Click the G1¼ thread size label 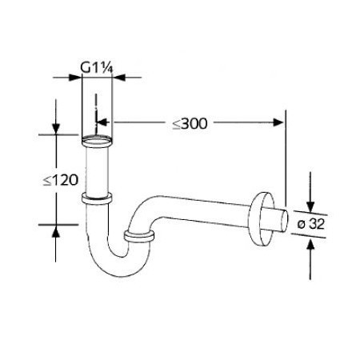point(95,68)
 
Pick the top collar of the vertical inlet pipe point(96,143)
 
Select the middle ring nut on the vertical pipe point(96,197)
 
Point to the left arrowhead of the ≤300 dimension point(102,123)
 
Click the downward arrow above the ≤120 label point(56,128)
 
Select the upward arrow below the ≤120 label point(56,232)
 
